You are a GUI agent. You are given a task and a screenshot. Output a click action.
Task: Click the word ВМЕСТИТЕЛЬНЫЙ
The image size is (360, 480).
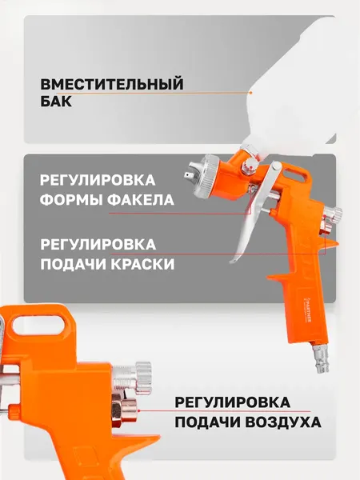pos(112,84)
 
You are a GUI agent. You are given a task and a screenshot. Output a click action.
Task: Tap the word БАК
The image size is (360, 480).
pos(56,103)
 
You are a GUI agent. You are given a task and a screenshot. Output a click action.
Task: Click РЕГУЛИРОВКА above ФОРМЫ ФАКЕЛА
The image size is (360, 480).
pos(97,179)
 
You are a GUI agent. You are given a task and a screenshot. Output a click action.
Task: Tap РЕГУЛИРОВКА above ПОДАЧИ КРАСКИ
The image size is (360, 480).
pos(97,242)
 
